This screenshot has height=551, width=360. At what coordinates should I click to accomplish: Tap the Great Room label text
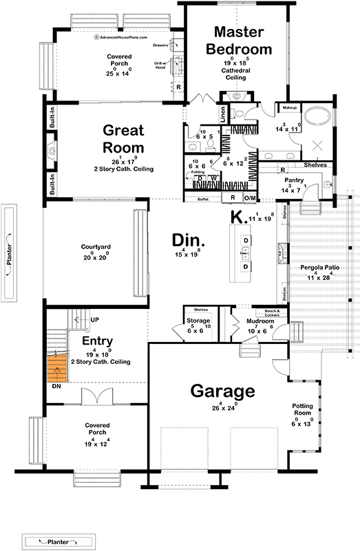124,138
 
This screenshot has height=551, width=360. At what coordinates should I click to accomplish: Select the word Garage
222,391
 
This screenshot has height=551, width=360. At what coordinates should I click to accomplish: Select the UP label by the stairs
96,321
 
